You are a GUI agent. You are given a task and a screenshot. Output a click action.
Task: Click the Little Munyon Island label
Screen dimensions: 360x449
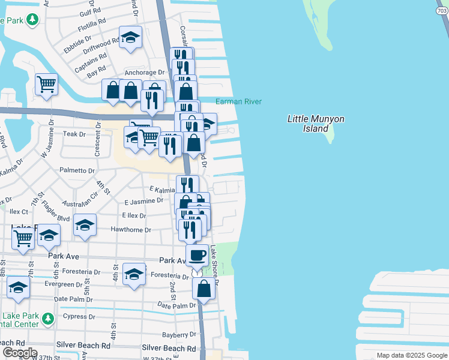(x=316, y=124)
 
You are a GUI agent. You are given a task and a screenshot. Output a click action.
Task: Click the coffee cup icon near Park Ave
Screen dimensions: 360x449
(x=197, y=254)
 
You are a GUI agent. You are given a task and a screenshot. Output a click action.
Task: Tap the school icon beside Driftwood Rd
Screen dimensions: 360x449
(x=130, y=37)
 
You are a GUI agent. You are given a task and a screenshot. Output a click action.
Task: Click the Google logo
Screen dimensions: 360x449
(x=19, y=353)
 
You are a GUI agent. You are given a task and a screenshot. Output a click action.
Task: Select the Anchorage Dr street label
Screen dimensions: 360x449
(x=144, y=73)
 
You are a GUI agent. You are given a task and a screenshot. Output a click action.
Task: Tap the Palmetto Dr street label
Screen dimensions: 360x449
(x=77, y=170)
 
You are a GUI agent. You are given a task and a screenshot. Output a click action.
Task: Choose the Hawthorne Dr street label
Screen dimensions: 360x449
(x=130, y=230)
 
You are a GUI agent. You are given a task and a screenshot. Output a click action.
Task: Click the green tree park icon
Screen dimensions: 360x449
(x=32, y=20)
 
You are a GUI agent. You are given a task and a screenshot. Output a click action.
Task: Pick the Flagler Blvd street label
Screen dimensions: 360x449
(x=55, y=218)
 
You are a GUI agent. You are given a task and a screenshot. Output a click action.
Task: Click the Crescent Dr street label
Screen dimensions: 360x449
(x=96, y=142)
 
